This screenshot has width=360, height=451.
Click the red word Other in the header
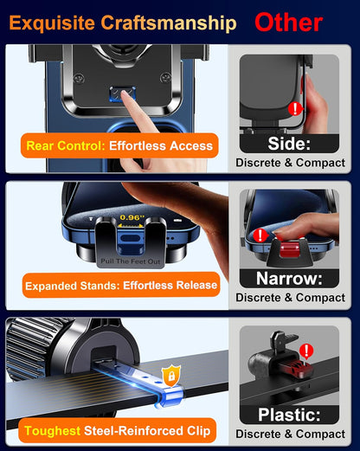pyautogui.click(x=288, y=21)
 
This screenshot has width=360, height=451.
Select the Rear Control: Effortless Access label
pyautogui.click(x=119, y=146)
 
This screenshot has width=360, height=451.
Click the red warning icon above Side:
pyautogui.click(x=295, y=109)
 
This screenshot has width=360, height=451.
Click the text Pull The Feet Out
pyautogui.click(x=130, y=261)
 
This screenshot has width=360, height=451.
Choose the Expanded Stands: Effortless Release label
pyautogui.click(x=120, y=284)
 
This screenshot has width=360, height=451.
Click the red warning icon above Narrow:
pyautogui.click(x=260, y=235)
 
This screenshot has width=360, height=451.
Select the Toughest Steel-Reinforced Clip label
pyautogui.click(x=119, y=430)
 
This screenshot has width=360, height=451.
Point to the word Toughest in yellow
pyautogui.click(x=53, y=430)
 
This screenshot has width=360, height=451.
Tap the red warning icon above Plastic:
pyautogui.click(x=305, y=351)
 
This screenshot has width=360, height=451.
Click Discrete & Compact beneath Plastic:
pyautogui.click(x=290, y=434)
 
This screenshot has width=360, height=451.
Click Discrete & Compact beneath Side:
pyautogui.click(x=290, y=163)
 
